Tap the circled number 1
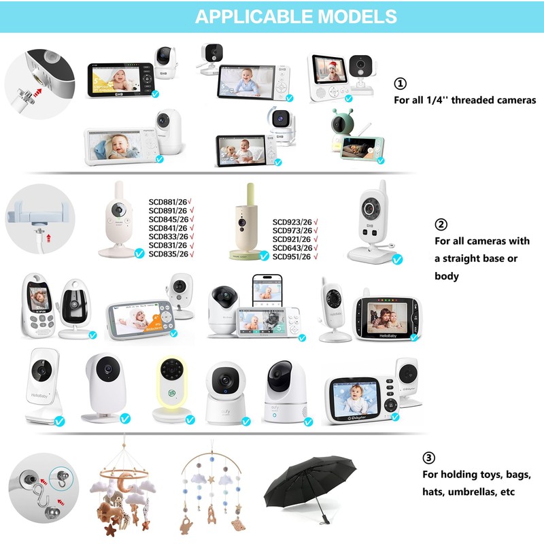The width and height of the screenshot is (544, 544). click(x=401, y=83)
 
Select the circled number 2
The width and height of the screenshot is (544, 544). click(x=441, y=225)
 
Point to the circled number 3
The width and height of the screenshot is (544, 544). click(x=429, y=458)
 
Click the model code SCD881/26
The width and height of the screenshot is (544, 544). click(x=167, y=201)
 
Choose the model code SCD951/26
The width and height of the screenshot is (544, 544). click(x=292, y=256)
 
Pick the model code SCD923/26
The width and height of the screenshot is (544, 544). click(x=292, y=222)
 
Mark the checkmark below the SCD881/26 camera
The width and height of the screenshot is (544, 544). click(x=139, y=254)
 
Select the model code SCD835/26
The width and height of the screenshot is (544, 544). click(x=167, y=254)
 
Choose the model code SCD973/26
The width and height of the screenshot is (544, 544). click(x=292, y=231)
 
